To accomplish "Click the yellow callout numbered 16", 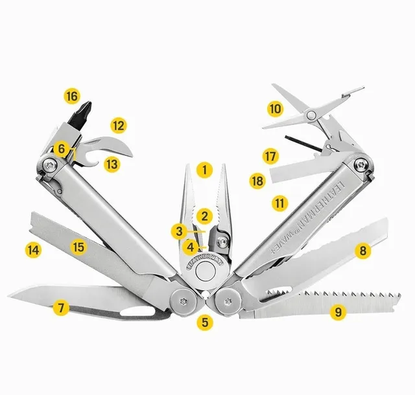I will pos(71,97).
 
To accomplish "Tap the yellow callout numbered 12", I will pos(117,125).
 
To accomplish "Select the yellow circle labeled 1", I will pos(205,170).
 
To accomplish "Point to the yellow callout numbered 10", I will pos(276,109).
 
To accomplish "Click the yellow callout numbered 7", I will pos(61,308).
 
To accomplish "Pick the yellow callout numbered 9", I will pos(336,311).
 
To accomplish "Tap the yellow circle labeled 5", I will pos(205,321).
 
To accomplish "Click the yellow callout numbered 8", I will pos(362,249).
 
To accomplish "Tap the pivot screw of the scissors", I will pos(312,115).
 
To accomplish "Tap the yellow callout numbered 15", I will pos(78,246).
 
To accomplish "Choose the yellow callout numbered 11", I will pos(279,203).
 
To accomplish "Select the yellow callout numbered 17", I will pos(270,156).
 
